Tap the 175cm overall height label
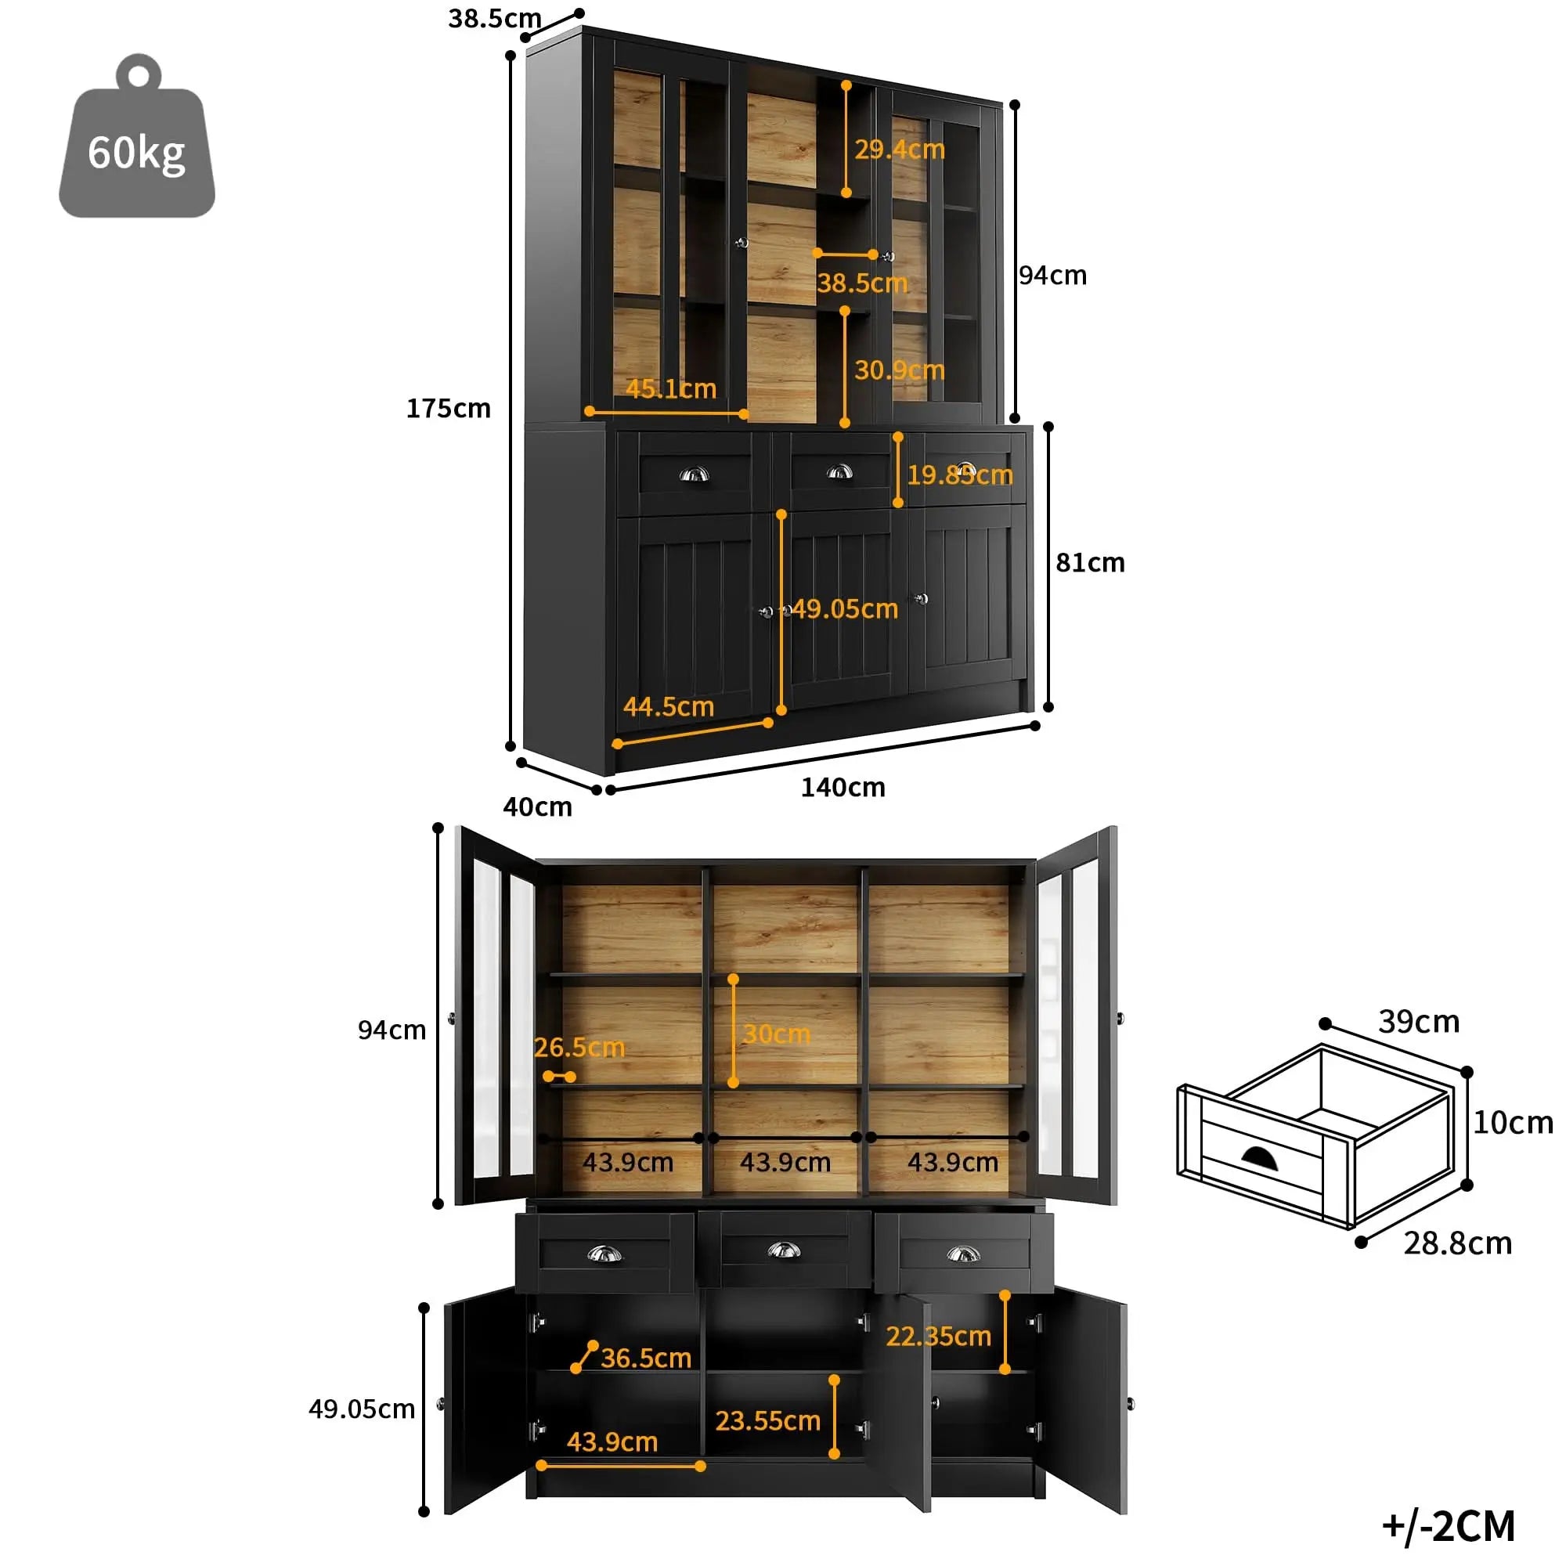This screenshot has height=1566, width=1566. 448,409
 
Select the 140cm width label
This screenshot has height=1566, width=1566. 843,787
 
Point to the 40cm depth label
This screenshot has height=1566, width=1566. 537,806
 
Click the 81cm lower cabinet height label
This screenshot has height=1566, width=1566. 1090,562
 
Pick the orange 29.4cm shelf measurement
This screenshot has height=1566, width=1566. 900,149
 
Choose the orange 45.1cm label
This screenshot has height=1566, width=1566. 671,389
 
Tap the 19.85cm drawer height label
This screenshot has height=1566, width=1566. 960,475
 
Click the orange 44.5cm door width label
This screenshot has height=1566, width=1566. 669,707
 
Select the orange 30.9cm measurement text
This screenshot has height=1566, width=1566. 900,370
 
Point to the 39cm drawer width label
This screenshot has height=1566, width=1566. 1419,1021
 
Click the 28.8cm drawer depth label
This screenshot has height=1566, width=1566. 1457,1243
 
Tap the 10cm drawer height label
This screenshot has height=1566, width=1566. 1513,1123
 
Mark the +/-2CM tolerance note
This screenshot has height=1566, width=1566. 1449,1525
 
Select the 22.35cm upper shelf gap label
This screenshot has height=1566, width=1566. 939,1336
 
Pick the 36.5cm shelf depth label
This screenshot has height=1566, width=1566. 646,1358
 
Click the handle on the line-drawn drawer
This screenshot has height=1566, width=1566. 1260,1160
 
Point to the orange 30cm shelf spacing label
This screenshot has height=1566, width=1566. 777,1034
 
